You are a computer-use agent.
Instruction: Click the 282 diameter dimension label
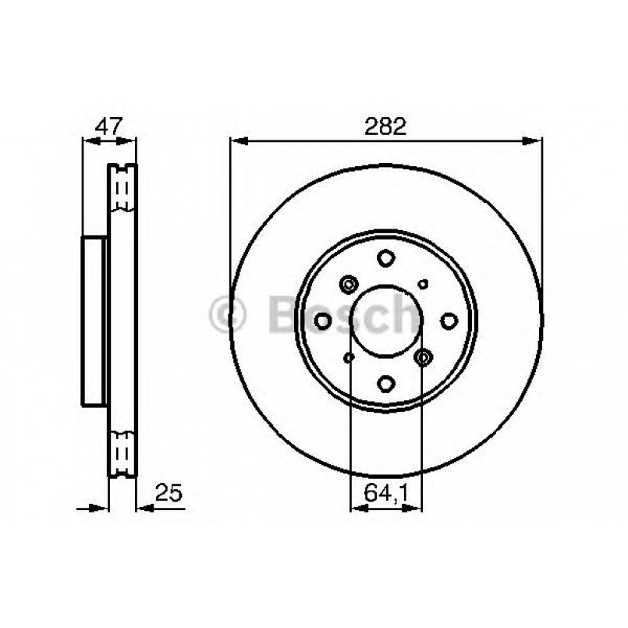click(x=385, y=127)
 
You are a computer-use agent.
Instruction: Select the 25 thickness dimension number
click(x=169, y=492)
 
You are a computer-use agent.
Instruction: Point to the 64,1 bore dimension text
click(x=386, y=492)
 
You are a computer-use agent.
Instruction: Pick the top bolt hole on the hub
click(x=385, y=257)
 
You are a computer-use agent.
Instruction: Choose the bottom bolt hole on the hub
click(x=386, y=383)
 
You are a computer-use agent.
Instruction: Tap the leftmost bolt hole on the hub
click(x=324, y=320)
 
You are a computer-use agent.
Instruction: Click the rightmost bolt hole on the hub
click(x=449, y=320)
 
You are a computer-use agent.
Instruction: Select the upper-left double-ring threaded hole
click(x=348, y=284)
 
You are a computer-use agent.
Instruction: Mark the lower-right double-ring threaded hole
click(x=424, y=357)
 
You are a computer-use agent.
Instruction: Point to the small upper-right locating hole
click(x=423, y=284)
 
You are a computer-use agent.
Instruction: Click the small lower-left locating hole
click(x=349, y=357)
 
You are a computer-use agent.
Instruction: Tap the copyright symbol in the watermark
click(x=228, y=314)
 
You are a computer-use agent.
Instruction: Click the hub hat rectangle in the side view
click(x=94, y=320)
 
